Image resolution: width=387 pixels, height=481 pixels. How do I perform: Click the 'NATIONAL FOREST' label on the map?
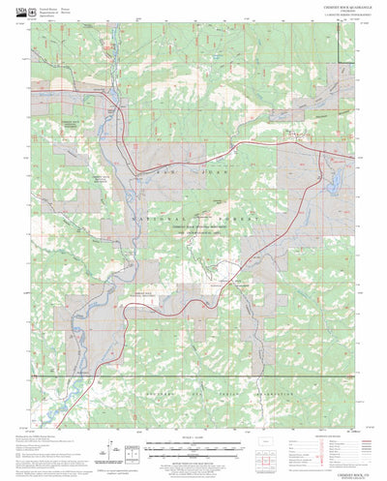click(x=193, y=221)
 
